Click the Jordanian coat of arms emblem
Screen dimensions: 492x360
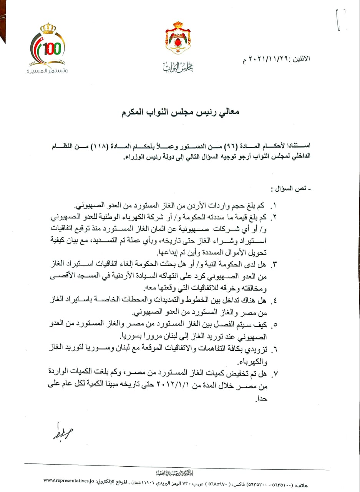click(x=178, y=38)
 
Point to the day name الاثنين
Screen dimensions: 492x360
click(x=301, y=60)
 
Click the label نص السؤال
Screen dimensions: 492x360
click(x=292, y=189)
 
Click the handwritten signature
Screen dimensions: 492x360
click(x=62, y=433)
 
